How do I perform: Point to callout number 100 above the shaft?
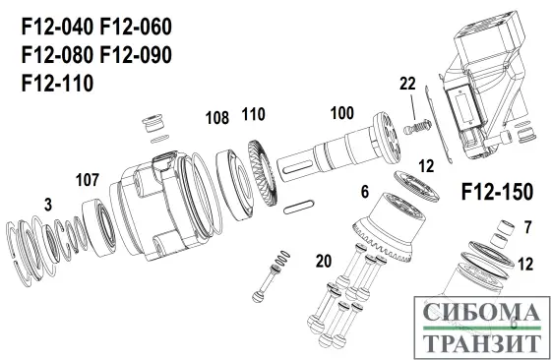tap(340, 113)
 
